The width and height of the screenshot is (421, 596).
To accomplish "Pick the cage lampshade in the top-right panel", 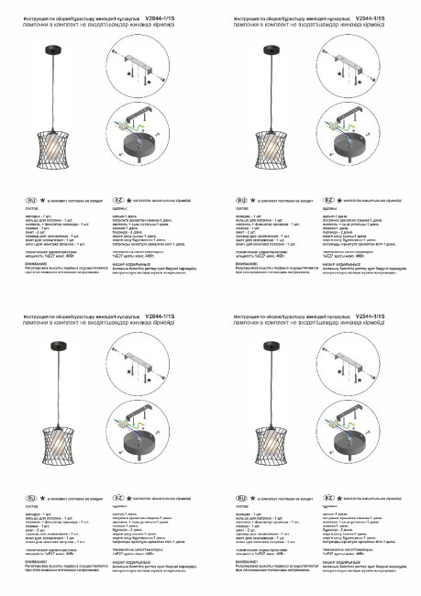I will tap(269, 144).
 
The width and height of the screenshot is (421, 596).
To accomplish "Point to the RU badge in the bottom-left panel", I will tap(33, 497).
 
